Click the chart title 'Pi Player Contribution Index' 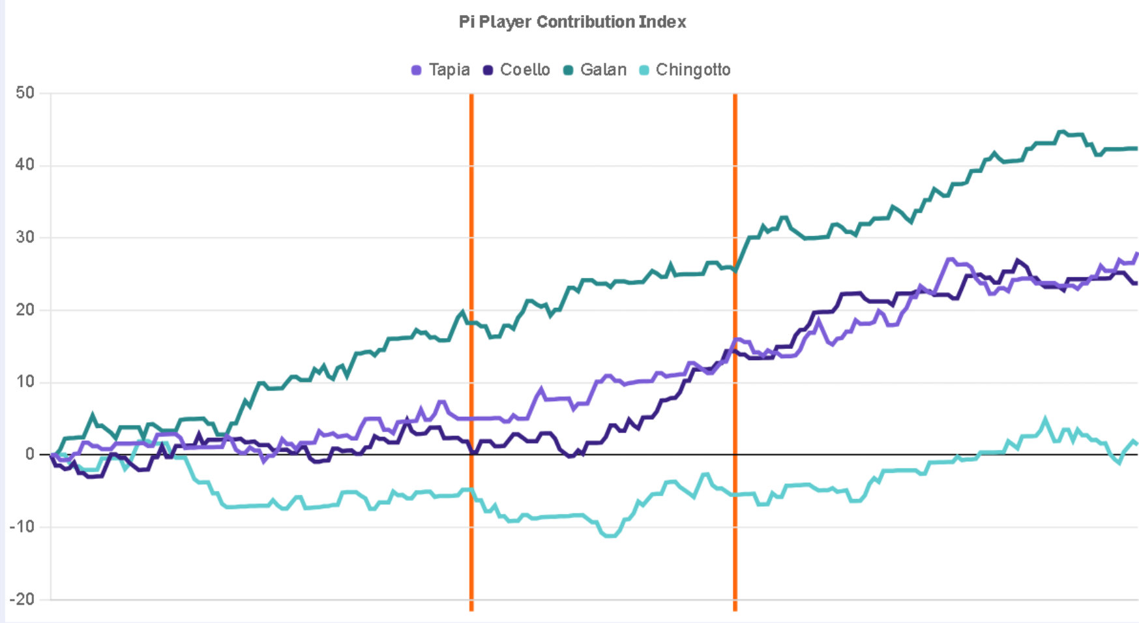[x=572, y=22]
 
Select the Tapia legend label [x=449, y=70]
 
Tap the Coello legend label [x=525, y=70]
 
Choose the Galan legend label [x=603, y=70]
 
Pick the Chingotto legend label [x=693, y=70]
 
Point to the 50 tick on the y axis [x=25, y=93]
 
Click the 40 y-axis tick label [x=25, y=165]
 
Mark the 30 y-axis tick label [x=25, y=237]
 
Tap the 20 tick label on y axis [x=25, y=310]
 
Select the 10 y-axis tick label [x=25, y=382]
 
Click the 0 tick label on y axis [x=29, y=455]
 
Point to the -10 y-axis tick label [x=22, y=527]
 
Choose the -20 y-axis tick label [x=22, y=600]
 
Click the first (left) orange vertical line [x=471, y=352]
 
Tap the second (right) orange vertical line [x=735, y=352]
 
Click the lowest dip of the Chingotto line [x=610, y=536]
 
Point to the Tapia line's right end [x=1137, y=254]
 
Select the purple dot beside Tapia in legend [x=417, y=70]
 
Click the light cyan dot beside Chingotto [x=644, y=70]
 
